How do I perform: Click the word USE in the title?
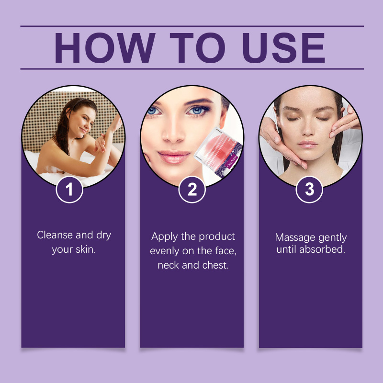pyautogui.click(x=283, y=47)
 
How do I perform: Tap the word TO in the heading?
pyautogui.click(x=197, y=47)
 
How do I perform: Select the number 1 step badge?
pyautogui.click(x=69, y=190)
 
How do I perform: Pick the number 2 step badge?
pyautogui.click(x=192, y=190)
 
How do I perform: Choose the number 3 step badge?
pyautogui.click(x=309, y=190)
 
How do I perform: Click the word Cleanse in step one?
pyautogui.click(x=55, y=235)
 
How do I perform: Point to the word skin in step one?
pyautogui.click(x=86, y=249)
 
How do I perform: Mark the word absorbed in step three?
pyautogui.click(x=322, y=249)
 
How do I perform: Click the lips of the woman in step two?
pyautogui.click(x=174, y=157)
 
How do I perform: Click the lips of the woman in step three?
pyautogui.click(x=307, y=144)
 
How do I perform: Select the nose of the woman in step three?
pyautogui.click(x=308, y=128)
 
